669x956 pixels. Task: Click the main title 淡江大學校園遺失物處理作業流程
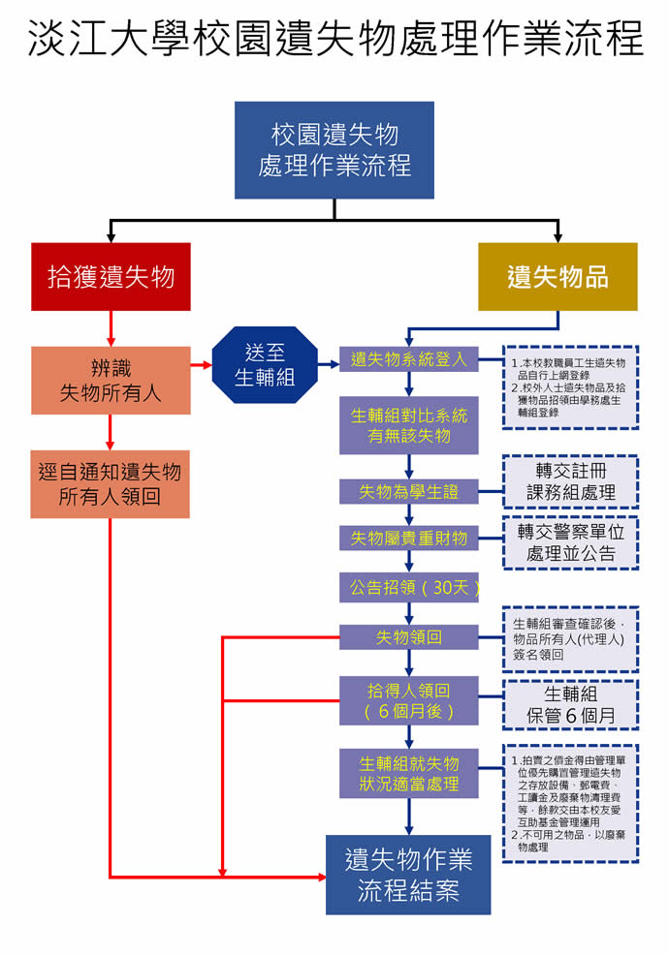[x=334, y=40]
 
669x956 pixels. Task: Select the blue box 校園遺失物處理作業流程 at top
[x=334, y=150]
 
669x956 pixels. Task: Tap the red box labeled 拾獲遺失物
[x=111, y=277]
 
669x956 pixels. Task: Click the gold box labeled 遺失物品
[x=557, y=277]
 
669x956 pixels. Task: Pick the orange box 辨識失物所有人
[x=111, y=380]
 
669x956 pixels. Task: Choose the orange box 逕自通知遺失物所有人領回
[x=111, y=484]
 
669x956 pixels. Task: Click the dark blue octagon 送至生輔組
[x=265, y=365]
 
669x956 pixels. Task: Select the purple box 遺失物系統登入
[x=408, y=359]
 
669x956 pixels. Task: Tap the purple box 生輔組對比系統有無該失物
[x=408, y=425]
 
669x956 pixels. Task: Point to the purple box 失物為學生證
[x=408, y=491]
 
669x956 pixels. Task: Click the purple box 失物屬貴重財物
[x=408, y=538]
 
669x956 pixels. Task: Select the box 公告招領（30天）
[x=408, y=588]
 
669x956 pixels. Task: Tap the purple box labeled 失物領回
[x=408, y=637]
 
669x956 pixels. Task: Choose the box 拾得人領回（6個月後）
[x=408, y=700]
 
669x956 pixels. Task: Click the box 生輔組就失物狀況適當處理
[x=408, y=773]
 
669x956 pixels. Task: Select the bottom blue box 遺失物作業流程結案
[x=408, y=874]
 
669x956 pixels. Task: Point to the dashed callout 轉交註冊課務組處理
[x=570, y=481]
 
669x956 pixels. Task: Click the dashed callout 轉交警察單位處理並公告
[x=570, y=542]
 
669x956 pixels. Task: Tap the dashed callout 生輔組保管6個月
[x=570, y=704]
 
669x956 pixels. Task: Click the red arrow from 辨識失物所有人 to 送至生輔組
[x=202, y=365]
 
